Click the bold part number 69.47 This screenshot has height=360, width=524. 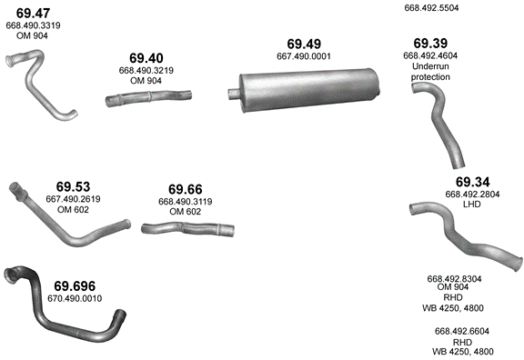coord(33,13)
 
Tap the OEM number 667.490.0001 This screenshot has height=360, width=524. coord(304,56)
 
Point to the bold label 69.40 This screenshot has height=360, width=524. coord(146,58)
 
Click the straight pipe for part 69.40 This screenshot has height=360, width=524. coord(148,98)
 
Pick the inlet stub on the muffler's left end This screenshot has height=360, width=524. coord(234,94)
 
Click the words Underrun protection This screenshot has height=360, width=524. coord(430,72)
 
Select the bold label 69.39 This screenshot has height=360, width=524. coord(430,44)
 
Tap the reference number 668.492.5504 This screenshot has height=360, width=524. coord(431,7)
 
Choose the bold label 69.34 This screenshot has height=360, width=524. coord(472,182)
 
